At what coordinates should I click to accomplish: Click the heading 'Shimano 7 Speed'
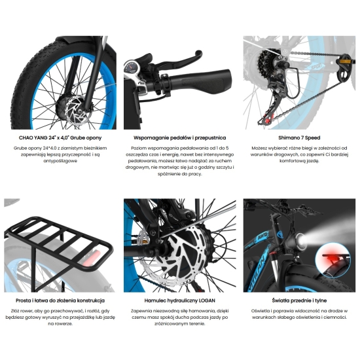(x=299, y=137)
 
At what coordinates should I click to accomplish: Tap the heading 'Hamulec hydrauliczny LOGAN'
(x=180, y=300)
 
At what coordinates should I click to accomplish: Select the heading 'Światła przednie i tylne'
(x=299, y=300)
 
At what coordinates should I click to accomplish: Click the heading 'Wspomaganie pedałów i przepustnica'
(x=180, y=137)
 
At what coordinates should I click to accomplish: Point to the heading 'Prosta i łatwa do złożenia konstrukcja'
(x=60, y=300)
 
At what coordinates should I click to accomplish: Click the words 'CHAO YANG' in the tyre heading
(x=33, y=137)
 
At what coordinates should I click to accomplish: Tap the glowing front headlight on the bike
(x=301, y=242)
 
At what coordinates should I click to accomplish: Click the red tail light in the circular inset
(x=334, y=259)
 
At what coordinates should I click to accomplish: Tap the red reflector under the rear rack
(x=92, y=258)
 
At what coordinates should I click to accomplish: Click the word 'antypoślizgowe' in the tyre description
(x=60, y=161)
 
